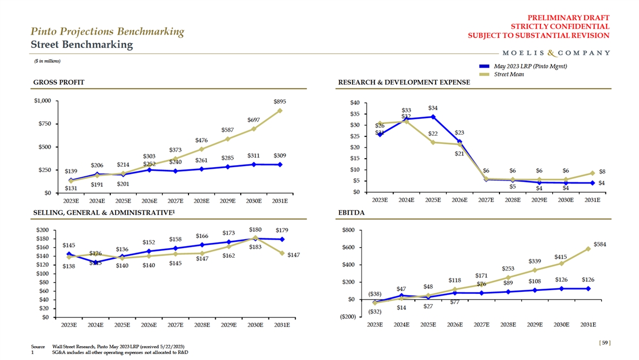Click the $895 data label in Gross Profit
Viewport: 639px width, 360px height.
click(280, 101)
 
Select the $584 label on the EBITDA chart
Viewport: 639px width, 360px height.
click(600, 244)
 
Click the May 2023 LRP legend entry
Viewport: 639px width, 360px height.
click(529, 66)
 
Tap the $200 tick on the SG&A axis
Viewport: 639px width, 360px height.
click(42, 230)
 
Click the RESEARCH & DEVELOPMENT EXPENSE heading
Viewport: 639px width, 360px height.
click(404, 83)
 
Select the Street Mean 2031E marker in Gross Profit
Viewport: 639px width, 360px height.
click(280, 111)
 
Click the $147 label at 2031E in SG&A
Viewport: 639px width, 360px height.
click(294, 255)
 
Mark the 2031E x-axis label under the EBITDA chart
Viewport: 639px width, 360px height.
click(588, 324)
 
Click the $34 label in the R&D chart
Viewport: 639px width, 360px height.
click(433, 108)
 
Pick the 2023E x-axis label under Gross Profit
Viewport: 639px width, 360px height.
click(71, 201)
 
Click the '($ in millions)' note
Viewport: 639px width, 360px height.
click(47, 61)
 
